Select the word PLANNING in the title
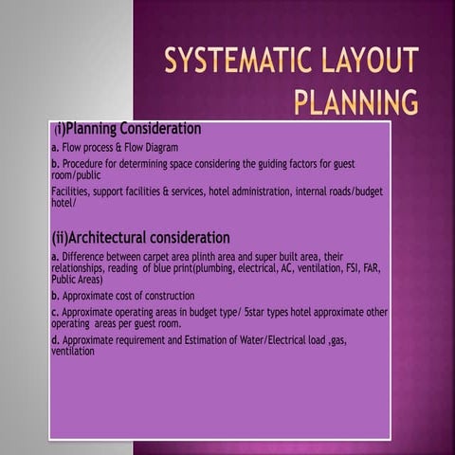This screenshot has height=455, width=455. point(356,100)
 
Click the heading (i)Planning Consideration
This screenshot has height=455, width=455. point(128,128)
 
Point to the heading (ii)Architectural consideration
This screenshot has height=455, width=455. point(140,237)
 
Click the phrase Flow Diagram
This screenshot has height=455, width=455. point(154,148)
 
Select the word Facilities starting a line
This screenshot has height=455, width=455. point(71,191)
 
